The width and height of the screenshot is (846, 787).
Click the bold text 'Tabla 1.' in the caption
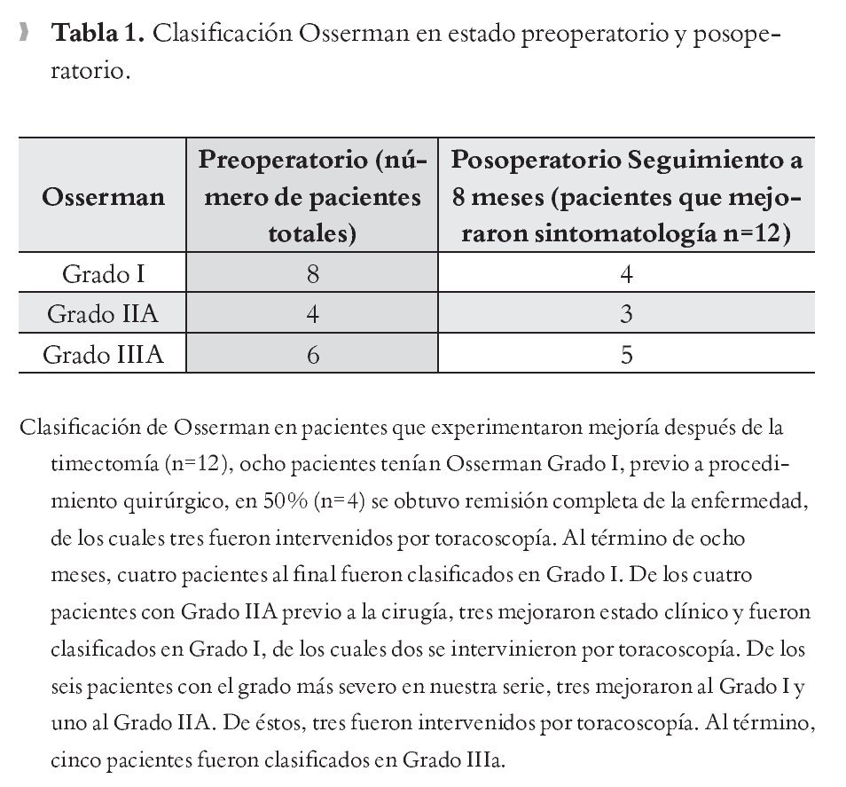[x=98, y=35]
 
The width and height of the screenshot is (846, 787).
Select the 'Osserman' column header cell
[x=103, y=195]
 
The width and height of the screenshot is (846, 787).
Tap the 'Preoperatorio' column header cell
[x=312, y=195]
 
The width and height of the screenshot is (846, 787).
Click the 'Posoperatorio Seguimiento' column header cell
[x=626, y=195]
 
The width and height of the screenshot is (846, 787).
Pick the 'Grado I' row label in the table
[x=103, y=274]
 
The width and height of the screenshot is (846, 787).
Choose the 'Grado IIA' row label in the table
[x=103, y=314]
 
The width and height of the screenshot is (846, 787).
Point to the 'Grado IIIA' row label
[x=103, y=355]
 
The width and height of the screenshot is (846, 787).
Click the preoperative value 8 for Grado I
[x=312, y=274]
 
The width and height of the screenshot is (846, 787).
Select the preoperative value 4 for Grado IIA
[x=312, y=314]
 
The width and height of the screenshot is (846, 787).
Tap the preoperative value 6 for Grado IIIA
[x=312, y=355]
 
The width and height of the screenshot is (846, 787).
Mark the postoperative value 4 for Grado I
[x=626, y=274]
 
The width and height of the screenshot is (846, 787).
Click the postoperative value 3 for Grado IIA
[x=626, y=314]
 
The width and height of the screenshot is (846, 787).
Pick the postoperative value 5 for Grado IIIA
[x=626, y=355]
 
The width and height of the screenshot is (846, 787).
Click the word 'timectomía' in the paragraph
[x=98, y=465]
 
